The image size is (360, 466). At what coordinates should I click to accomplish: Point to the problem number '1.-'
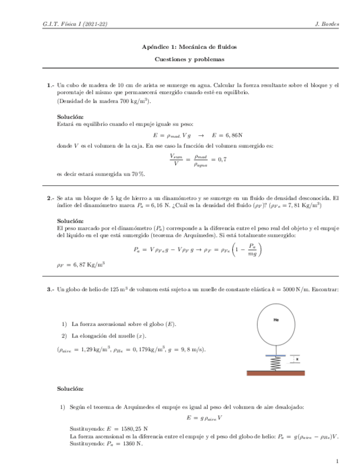tap(51, 85)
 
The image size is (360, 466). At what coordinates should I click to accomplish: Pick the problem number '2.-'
tap(51, 197)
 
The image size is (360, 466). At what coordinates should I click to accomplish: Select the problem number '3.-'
tap(51, 289)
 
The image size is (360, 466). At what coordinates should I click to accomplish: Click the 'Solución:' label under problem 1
tap(70, 117)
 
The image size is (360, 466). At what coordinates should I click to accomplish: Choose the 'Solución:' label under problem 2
tap(70, 220)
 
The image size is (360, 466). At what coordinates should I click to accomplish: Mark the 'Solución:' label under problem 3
tap(70, 389)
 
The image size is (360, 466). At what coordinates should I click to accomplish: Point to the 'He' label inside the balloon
tap(276, 319)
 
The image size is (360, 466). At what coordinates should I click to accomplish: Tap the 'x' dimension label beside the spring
tap(297, 359)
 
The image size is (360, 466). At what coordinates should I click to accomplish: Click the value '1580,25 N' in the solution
tap(137, 428)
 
